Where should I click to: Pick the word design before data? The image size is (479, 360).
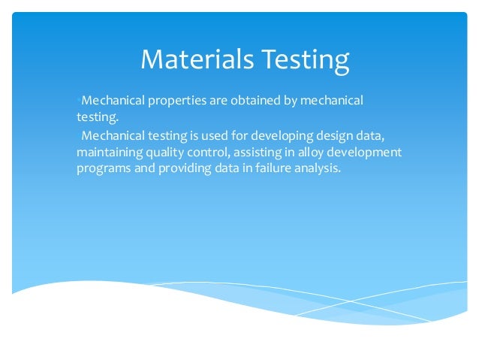point(333,136)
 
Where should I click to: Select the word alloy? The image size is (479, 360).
point(313,153)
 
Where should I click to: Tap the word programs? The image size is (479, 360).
point(102,169)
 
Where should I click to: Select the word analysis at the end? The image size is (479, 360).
point(317,169)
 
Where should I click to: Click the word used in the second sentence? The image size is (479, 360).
point(206,136)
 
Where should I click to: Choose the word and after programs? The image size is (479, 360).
point(143,169)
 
